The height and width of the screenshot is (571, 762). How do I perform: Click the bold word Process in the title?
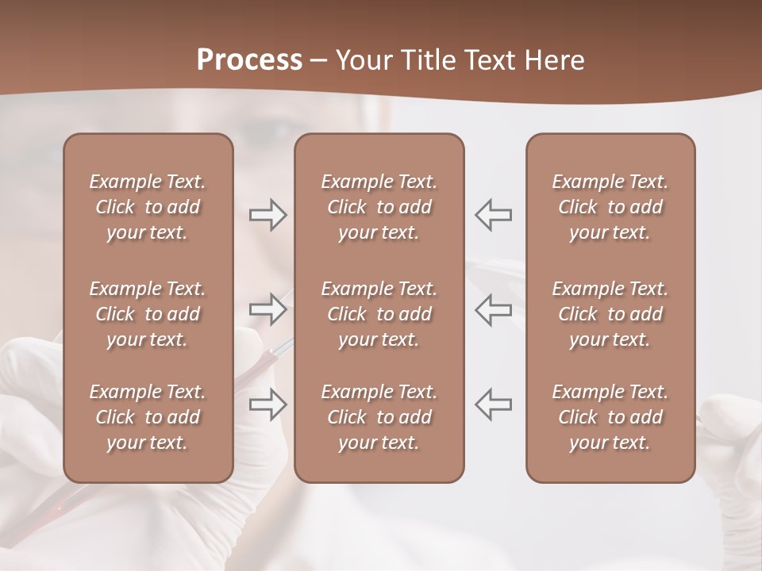pos(249,60)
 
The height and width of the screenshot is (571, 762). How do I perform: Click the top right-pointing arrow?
pos(268,215)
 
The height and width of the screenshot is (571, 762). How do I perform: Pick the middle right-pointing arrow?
pos(268,309)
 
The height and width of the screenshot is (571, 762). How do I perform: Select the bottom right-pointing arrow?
pos(268,404)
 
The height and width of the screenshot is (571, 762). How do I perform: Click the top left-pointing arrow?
pos(493,215)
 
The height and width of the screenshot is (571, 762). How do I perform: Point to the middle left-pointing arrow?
pos(493,309)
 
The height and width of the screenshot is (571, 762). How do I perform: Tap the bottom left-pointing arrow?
pos(493,404)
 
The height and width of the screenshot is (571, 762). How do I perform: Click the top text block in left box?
pos(148,207)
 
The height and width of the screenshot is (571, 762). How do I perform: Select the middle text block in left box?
pos(148,314)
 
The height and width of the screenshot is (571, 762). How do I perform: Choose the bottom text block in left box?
pos(148,417)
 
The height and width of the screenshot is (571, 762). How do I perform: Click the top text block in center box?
pos(379,207)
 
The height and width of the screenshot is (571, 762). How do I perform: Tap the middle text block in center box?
pos(379,314)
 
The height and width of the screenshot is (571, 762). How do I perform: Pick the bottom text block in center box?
pos(379,417)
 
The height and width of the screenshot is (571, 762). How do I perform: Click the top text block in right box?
pos(610,207)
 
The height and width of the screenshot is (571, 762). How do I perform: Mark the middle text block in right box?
pos(610,314)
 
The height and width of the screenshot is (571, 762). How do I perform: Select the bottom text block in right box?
pos(610,417)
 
